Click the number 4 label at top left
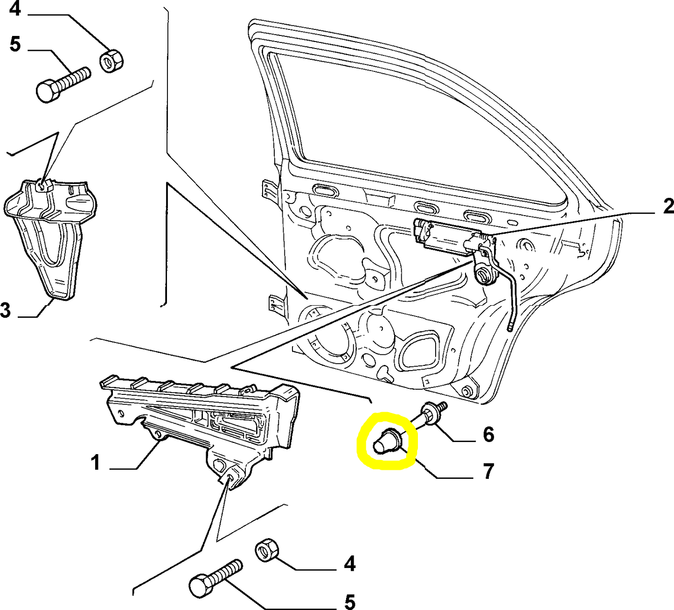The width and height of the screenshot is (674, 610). [x=15, y=8]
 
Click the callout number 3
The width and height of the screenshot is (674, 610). [x=6, y=309]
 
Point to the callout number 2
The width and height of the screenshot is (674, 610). [x=668, y=206]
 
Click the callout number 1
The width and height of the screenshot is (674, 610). [x=95, y=463]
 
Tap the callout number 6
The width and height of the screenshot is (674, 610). [x=488, y=435]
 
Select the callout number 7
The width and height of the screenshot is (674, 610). [x=488, y=471]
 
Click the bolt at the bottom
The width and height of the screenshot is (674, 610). [x=216, y=577]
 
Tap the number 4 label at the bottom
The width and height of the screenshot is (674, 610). [x=350, y=564]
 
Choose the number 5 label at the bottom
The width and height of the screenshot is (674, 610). [x=350, y=601]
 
